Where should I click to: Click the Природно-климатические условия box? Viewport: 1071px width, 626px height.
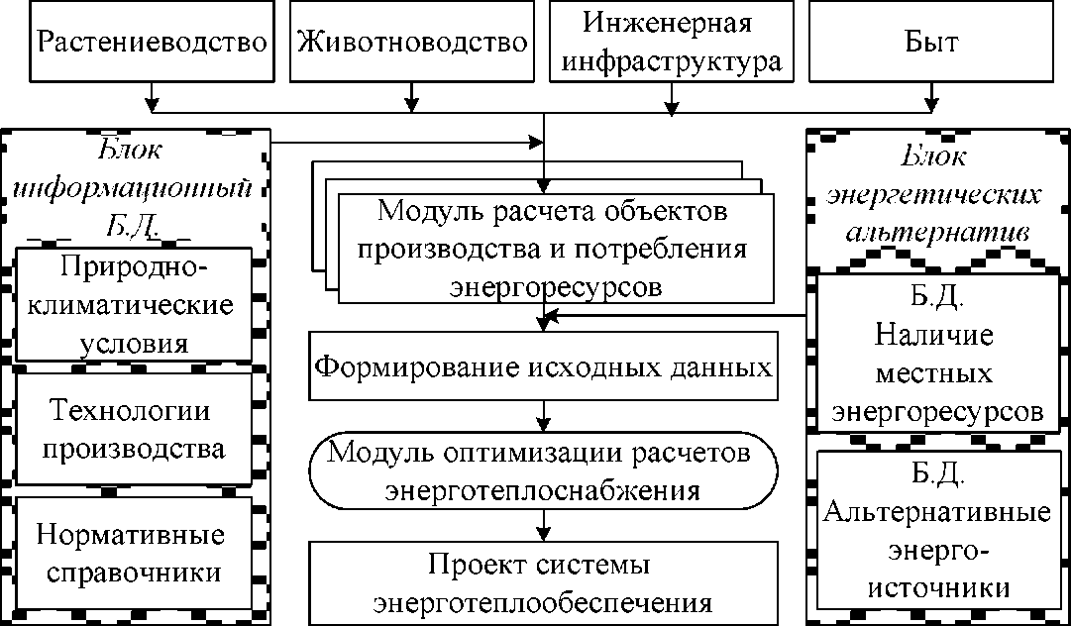click(135, 305)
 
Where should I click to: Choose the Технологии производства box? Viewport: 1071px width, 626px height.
click(137, 428)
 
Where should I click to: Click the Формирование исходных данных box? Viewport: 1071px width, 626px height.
click(543, 367)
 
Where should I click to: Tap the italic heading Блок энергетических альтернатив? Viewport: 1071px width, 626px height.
click(938, 194)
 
